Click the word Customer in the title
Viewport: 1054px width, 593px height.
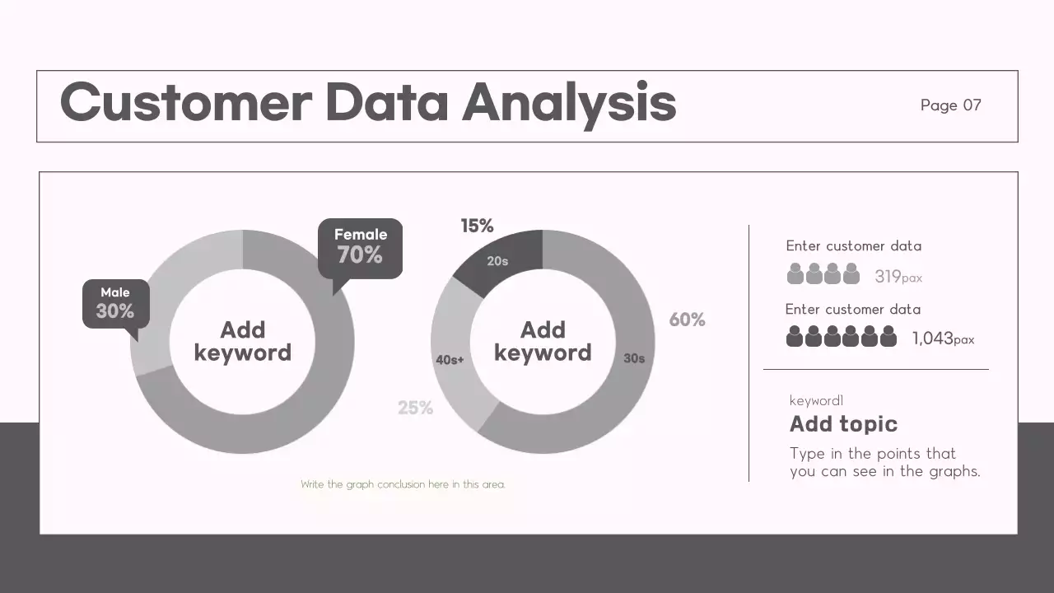(186, 104)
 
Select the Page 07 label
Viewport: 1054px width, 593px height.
(951, 105)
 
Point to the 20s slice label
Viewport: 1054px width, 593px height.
(497, 261)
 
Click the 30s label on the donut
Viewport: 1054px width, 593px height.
(634, 359)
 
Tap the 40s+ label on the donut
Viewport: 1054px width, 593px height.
(450, 360)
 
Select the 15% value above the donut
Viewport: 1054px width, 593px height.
(477, 226)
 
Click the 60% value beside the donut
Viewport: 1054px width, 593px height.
(687, 320)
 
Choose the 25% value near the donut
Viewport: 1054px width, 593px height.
(415, 408)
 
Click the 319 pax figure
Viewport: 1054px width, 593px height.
(898, 277)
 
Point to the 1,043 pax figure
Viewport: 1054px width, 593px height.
(943, 339)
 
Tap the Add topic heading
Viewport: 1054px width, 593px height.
(843, 424)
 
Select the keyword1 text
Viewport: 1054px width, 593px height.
(816, 401)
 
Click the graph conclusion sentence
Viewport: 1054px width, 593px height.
(403, 484)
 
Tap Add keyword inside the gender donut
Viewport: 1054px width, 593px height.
(243, 341)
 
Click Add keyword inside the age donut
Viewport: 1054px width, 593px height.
(543, 341)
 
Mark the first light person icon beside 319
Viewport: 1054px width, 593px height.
(795, 274)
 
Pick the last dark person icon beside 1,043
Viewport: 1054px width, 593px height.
(888, 336)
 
